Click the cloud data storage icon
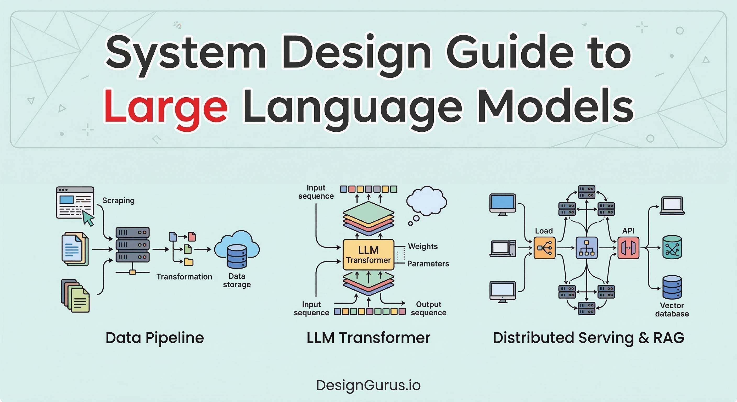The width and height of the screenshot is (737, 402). [237, 249]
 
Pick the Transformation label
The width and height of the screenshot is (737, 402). [184, 277]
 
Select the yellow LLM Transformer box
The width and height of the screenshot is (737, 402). [368, 255]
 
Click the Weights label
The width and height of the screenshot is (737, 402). [423, 246]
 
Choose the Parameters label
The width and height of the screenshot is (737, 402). [428, 264]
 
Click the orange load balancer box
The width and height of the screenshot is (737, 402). [544, 248]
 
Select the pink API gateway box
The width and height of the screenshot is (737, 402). [628, 248]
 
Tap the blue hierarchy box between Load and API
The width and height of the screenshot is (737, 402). [587, 248]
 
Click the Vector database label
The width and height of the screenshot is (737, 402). [672, 310]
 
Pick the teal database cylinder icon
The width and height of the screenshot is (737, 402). [672, 247]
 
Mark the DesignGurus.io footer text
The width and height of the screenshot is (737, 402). [368, 385]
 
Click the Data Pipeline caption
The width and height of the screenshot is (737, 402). [154, 338]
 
